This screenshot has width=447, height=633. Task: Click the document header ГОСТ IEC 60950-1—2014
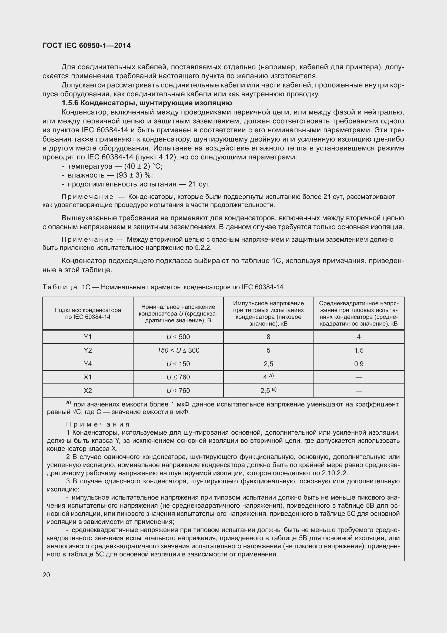pos(87,45)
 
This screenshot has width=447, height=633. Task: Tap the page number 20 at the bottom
pos(46,575)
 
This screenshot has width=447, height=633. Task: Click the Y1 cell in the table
pos(88,337)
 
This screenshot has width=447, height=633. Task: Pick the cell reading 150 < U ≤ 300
pos(178,350)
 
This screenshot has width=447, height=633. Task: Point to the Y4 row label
pos(88,364)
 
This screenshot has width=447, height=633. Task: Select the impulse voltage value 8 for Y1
pos(268,337)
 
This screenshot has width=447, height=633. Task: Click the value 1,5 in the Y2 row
pos(359,350)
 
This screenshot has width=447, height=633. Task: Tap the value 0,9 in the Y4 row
pos(359,364)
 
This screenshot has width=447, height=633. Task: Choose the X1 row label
pos(88,377)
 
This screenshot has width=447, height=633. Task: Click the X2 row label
pos(88,391)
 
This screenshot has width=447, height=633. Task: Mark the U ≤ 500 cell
pos(178,337)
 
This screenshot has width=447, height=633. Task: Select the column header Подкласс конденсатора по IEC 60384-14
pos(88,313)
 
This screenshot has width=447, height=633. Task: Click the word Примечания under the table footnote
pos(98,424)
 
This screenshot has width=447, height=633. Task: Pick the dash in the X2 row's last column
pos(359,391)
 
